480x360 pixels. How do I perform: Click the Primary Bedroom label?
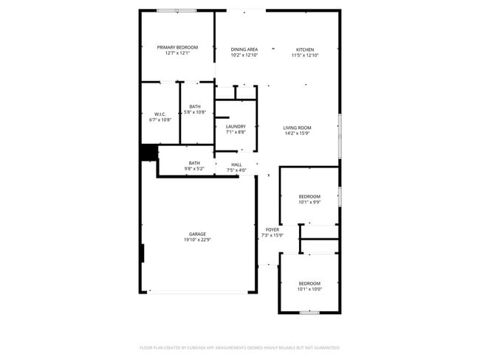click(177, 47)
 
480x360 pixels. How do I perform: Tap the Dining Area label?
click(244, 49)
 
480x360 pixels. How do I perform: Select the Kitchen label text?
click(304, 49)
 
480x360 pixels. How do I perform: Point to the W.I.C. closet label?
click(160, 114)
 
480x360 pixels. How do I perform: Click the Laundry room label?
click(236, 126)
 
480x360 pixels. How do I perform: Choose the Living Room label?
click(297, 128)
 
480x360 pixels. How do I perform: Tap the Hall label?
click(236, 164)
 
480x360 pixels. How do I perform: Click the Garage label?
click(197, 234)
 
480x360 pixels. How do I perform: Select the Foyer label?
click(272, 229)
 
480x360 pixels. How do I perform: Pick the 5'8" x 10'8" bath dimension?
click(194, 112)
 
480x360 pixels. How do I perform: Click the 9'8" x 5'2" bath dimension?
click(194, 169)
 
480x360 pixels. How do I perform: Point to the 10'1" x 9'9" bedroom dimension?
click(309, 202)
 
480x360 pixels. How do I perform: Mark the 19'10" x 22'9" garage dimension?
click(197, 240)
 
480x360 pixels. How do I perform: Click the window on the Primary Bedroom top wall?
click(177, 10)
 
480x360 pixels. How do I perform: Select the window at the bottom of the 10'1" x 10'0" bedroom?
click(309, 313)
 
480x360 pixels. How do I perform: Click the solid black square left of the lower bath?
click(148, 152)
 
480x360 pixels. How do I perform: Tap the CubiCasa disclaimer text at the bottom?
click(239, 347)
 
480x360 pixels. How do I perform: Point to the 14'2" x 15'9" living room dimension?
click(297, 134)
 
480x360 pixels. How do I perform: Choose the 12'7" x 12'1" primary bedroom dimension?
click(177, 53)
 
